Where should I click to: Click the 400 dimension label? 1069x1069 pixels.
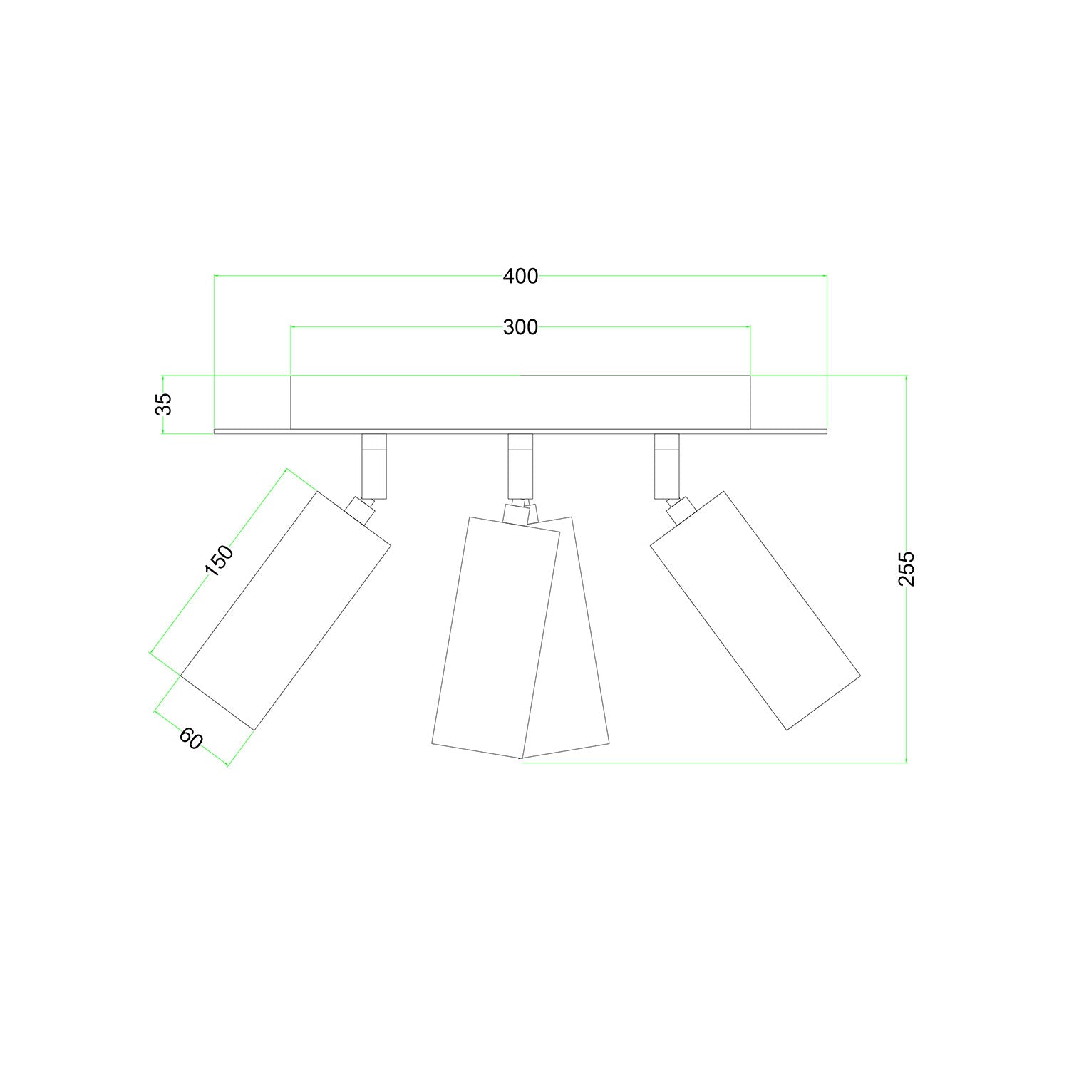[520, 276]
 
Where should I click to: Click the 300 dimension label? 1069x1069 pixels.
[520, 327]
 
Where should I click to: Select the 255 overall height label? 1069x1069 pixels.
[906, 568]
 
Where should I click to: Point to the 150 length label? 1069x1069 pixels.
[219, 560]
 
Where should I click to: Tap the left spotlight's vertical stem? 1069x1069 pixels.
[373, 466]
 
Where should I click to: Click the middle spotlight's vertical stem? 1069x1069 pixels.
[520, 466]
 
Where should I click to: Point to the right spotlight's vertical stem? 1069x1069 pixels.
[667, 466]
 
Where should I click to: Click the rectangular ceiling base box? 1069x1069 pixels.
[520, 403]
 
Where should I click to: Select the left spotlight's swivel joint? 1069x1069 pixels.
[360, 510]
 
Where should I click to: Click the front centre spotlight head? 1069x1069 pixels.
[495, 634]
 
